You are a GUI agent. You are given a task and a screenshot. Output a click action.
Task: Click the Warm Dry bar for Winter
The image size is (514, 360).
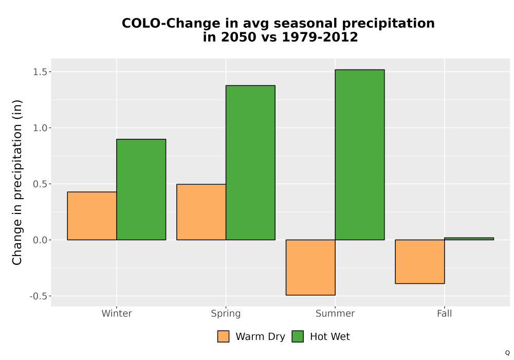pyautogui.click(x=92, y=215)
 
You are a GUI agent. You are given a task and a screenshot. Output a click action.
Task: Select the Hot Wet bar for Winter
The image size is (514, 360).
pyautogui.click(x=141, y=189)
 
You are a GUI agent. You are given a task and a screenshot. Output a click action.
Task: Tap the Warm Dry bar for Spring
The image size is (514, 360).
pyautogui.click(x=201, y=212)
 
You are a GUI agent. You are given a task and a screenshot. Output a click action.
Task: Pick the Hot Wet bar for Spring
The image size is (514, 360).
pyautogui.click(x=250, y=163)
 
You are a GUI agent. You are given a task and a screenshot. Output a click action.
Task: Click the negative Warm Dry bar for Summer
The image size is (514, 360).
pyautogui.click(x=310, y=267)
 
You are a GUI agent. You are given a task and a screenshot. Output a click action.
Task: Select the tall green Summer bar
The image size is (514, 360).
pyautogui.click(x=360, y=155)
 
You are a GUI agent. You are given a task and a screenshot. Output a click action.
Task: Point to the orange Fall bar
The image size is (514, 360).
pyautogui.click(x=420, y=262)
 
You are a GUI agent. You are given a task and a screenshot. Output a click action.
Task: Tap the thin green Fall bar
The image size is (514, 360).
pyautogui.click(x=469, y=239)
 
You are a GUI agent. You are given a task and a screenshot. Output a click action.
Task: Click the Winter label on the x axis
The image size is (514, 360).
pyautogui.click(x=117, y=313)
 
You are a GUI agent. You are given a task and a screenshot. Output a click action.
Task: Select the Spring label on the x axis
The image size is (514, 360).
pyautogui.click(x=226, y=314)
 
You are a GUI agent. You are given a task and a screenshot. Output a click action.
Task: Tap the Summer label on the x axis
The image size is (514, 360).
pyautogui.click(x=335, y=313)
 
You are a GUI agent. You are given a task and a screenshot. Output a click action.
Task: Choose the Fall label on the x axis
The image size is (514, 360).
pyautogui.click(x=445, y=313)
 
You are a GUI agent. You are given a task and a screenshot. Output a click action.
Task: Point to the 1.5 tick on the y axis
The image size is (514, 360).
pyautogui.click(x=40, y=72)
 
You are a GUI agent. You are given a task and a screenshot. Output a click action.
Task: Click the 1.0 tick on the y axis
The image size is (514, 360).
pyautogui.click(x=40, y=128)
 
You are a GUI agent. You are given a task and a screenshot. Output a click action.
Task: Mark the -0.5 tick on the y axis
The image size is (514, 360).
pyautogui.click(x=39, y=296)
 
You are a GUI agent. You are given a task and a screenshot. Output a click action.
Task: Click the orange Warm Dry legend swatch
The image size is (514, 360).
pyautogui.click(x=223, y=336)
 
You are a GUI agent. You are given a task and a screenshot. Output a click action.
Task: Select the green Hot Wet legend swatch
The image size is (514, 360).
pyautogui.click(x=298, y=336)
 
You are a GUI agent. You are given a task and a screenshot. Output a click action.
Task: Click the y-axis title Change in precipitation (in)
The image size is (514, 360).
pyautogui.click(x=17, y=182)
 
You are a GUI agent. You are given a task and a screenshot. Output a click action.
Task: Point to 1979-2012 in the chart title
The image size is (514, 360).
pyautogui.click(x=320, y=37)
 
